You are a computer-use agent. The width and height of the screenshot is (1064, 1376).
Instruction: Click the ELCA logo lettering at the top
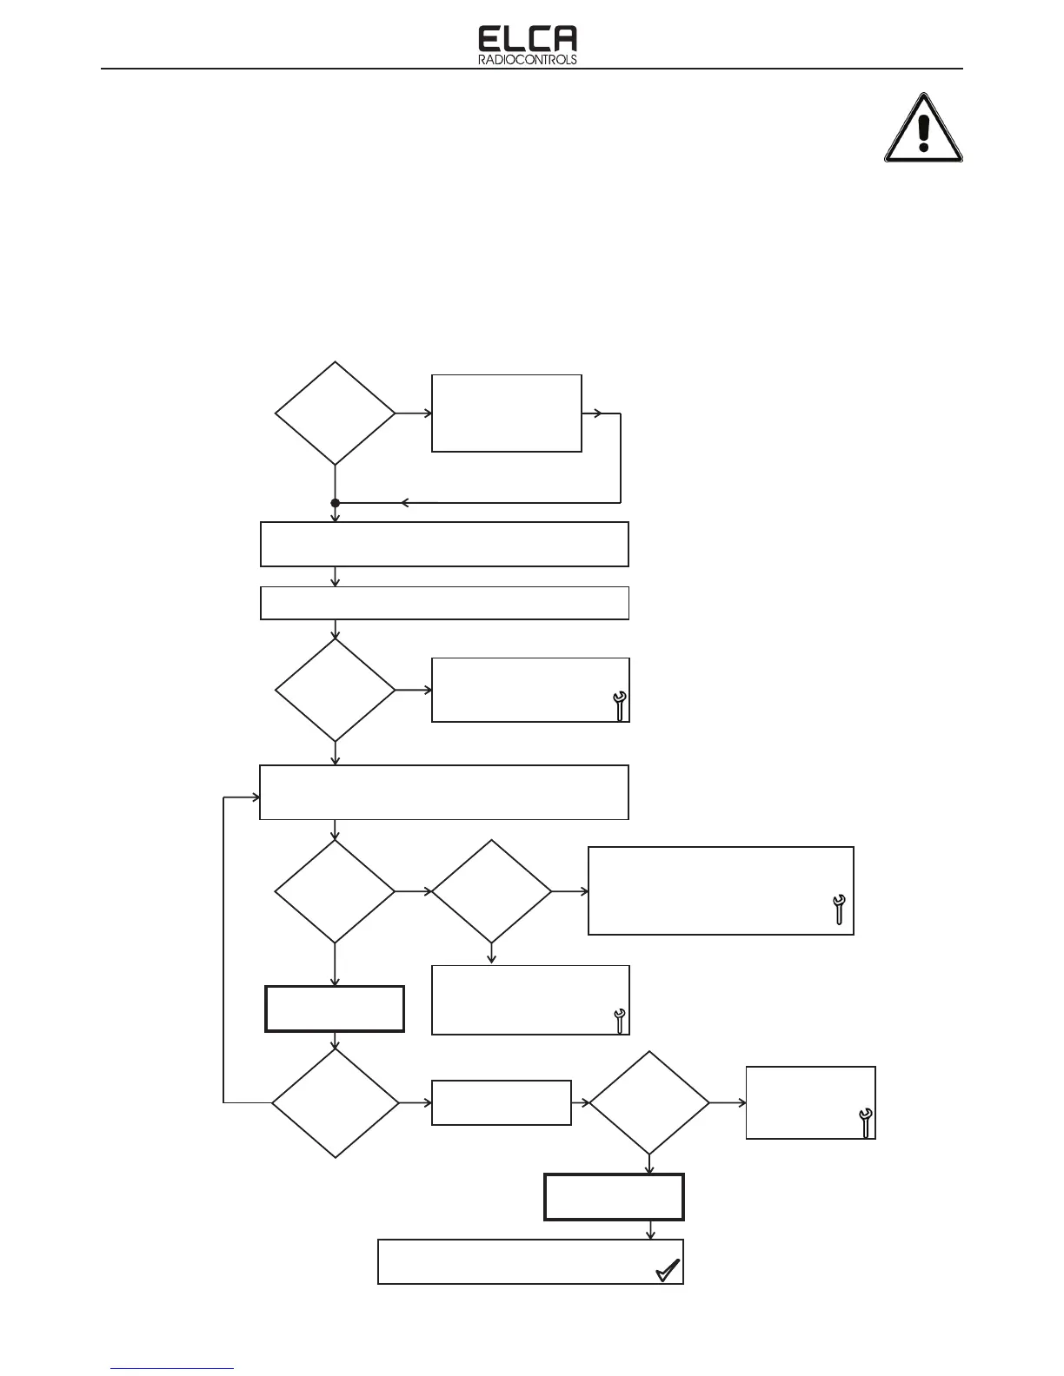[x=528, y=39]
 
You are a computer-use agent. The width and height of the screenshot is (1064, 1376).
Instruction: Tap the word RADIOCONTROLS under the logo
[x=528, y=61]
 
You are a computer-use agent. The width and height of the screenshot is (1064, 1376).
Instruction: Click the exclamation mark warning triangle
[x=923, y=130]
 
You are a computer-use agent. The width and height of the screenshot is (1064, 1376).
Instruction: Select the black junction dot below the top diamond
[x=335, y=503]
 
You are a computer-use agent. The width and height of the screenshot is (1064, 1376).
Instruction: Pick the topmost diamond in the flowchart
[x=335, y=413]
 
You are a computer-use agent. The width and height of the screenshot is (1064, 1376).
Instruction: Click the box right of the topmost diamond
[x=506, y=413]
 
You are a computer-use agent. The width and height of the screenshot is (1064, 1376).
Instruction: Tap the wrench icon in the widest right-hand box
[x=839, y=909]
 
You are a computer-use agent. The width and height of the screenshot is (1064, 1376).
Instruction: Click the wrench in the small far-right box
[x=865, y=1123]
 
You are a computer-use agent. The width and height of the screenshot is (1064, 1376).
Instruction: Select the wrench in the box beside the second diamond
[x=620, y=705]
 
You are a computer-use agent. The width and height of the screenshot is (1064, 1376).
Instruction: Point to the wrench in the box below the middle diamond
[x=620, y=1021]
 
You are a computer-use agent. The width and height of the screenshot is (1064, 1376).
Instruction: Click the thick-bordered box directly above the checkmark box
[x=614, y=1197]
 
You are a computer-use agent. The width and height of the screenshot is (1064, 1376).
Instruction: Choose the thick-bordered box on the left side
[x=335, y=1009]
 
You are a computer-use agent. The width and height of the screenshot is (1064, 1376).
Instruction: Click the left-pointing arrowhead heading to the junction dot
[x=405, y=503]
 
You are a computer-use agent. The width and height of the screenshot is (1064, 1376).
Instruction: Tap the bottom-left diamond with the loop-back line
[x=335, y=1103]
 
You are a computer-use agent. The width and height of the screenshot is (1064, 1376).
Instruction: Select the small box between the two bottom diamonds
[x=501, y=1103]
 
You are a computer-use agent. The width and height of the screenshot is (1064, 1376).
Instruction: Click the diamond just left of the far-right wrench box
[x=649, y=1103]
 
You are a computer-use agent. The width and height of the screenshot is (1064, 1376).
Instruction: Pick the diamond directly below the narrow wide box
[x=335, y=691]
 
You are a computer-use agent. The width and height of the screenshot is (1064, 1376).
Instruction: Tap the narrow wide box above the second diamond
[x=444, y=603]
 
